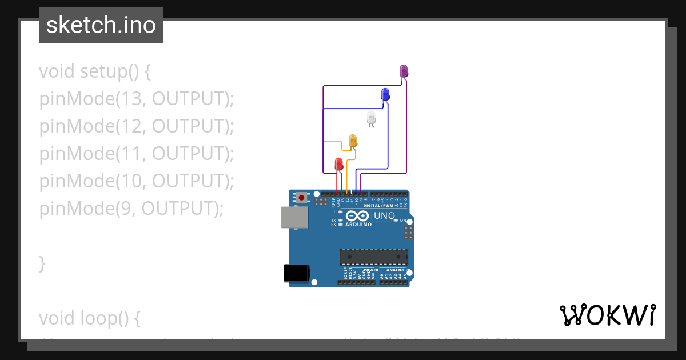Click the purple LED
pos(404,71)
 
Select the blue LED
pos(385,94)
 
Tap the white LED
pos(371,118)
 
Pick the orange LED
pos(353,141)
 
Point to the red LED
pos(338,164)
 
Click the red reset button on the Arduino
pos(301,198)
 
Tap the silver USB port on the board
pos(294,218)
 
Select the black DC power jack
pos(297,273)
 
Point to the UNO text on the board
pos(384,216)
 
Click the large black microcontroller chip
pos(374,257)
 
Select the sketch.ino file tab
pos(101,25)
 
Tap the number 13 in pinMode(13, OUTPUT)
pos(131,99)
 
